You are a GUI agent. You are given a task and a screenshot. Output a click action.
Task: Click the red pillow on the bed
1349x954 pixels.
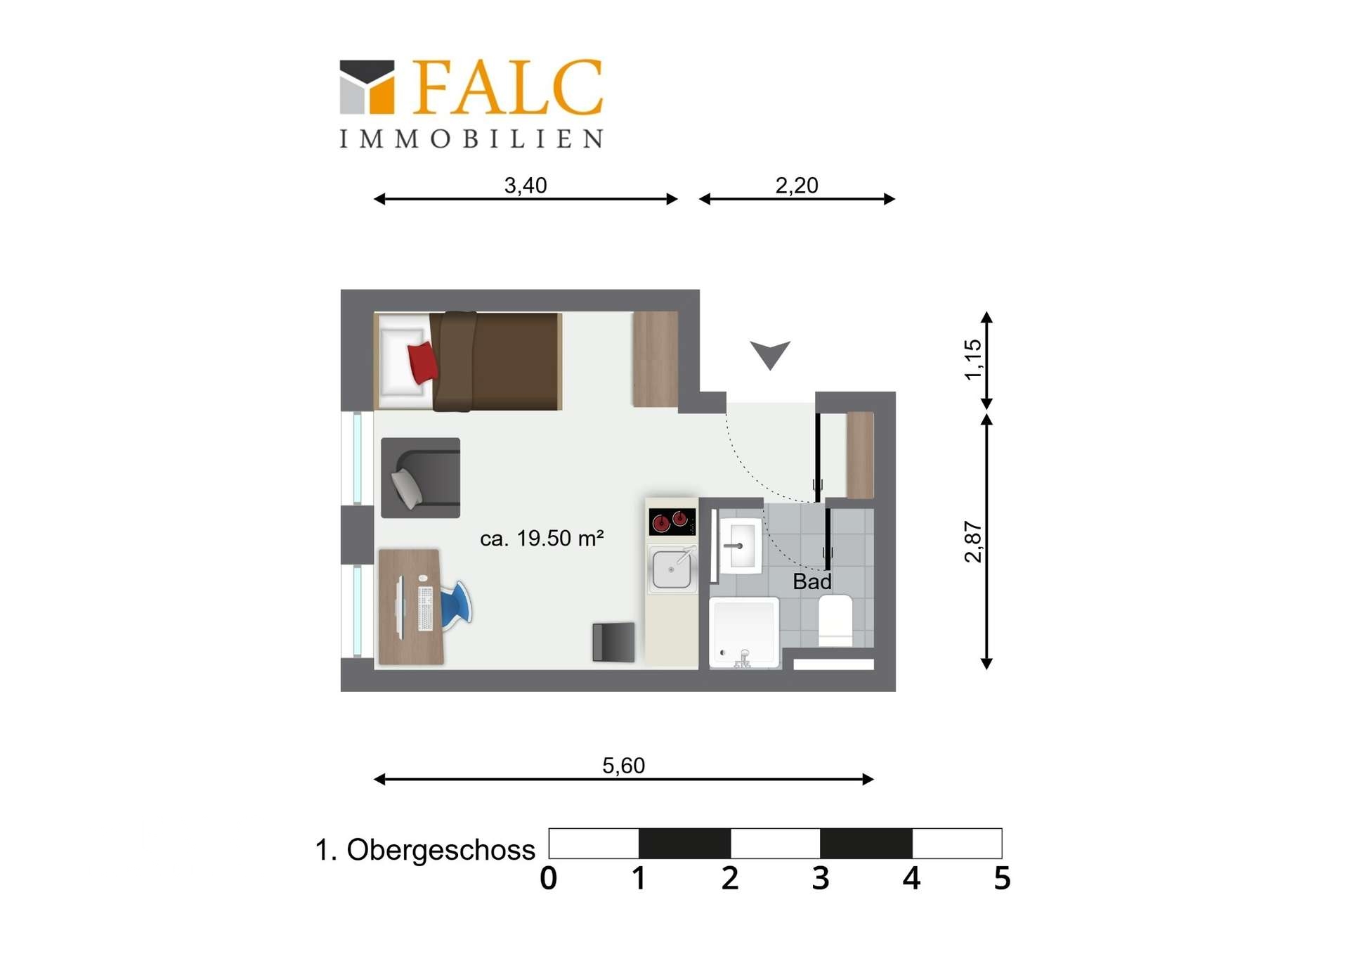pos(423,362)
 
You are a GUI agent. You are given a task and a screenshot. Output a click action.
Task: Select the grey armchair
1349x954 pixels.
pos(421,478)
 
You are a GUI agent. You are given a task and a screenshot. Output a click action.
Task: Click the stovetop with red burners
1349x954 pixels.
pos(672,522)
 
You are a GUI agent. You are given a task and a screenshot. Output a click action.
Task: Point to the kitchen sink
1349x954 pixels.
pos(672,568)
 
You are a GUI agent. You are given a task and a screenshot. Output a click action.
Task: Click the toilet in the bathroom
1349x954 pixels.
pos(835,621)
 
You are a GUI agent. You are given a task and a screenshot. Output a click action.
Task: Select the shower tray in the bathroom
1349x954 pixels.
pos(745,632)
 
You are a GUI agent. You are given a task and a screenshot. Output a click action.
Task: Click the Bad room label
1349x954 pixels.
pos(812,582)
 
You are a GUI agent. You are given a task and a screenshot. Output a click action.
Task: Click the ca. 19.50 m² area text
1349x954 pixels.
pos(542,539)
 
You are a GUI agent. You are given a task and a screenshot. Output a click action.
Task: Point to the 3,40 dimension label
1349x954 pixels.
pos(526,186)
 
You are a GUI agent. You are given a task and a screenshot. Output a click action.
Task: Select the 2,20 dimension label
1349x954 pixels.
pos(797,186)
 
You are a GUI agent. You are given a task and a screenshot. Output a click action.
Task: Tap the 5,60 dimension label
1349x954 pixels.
pos(623,766)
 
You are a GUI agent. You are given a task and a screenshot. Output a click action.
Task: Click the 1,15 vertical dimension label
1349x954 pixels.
pos(973,359)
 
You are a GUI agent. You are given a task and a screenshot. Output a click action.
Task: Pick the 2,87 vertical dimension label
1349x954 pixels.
pos(973,542)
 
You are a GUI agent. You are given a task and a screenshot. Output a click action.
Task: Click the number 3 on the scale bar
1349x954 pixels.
pos(821,879)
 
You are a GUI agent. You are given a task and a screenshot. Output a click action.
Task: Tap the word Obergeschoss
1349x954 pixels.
pos(441,851)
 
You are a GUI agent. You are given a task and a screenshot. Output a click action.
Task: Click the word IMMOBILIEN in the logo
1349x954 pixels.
pos(471,138)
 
